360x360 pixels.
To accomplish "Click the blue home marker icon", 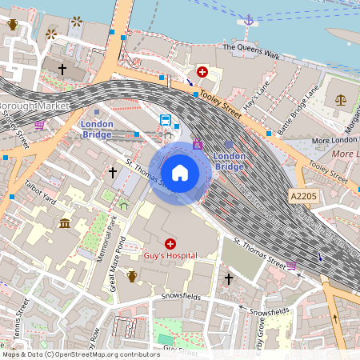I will (180, 172).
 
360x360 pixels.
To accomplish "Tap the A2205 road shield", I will (304, 196).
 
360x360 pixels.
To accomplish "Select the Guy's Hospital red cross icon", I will (170, 243).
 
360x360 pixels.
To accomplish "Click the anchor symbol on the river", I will (248, 20).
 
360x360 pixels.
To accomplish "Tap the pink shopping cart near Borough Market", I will (39, 125).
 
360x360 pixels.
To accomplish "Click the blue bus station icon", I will (166, 120).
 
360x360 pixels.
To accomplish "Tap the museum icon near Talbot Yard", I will (64, 222).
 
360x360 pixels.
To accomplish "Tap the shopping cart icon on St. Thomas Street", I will (291, 266).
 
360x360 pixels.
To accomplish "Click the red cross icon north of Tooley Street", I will (202, 72).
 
